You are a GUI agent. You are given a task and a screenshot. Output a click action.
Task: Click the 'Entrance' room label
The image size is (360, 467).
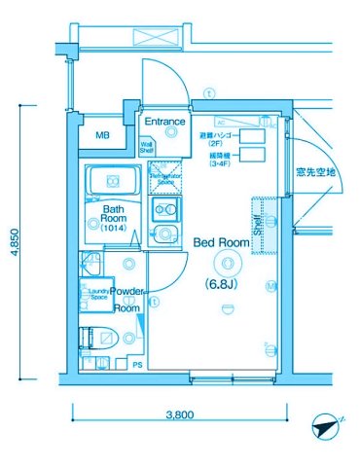(x=165, y=123)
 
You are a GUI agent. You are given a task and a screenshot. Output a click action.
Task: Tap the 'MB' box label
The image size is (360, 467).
(x=102, y=136)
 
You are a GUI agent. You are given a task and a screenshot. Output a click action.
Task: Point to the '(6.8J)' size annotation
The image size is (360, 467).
(x=224, y=285)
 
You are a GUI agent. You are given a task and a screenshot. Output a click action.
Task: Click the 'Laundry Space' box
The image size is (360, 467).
(x=98, y=294)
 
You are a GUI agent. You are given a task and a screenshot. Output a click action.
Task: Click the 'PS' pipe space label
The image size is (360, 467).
(x=136, y=365)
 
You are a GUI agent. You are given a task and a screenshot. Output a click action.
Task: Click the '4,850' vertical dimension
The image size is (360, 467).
(x=15, y=239)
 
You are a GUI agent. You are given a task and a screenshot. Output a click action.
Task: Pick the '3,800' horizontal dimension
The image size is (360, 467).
(x=179, y=414)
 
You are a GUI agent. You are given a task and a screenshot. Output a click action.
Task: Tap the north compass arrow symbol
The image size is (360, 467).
(x=324, y=427)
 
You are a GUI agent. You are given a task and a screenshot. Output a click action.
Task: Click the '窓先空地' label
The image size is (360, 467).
(x=316, y=172)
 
